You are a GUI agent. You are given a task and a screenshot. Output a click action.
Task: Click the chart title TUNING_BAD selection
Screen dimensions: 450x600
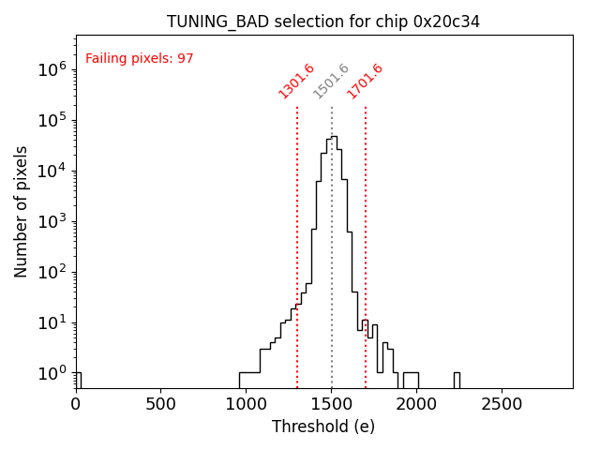(x=323, y=22)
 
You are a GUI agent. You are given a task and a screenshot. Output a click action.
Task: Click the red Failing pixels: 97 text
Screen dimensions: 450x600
(x=140, y=59)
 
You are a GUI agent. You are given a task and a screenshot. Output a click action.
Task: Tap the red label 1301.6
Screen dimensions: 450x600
(x=296, y=81)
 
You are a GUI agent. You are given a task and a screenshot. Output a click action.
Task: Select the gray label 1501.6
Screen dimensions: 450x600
(x=331, y=81)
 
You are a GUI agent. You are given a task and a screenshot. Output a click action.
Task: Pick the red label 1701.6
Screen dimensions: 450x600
(x=365, y=81)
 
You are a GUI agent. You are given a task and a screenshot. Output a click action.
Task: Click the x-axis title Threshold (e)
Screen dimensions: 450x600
(x=323, y=427)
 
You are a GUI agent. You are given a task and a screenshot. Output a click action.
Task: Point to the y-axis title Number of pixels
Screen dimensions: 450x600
(x=22, y=211)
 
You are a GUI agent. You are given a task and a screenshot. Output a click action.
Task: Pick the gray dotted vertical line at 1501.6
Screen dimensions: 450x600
(x=332, y=281)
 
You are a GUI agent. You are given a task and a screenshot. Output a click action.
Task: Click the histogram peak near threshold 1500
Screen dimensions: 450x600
(x=332, y=137)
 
